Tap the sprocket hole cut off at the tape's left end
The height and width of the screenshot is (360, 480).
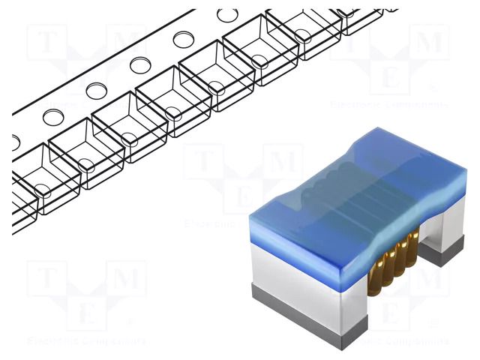tap(16, 140)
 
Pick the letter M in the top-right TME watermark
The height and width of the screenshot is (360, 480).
tap(427, 45)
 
